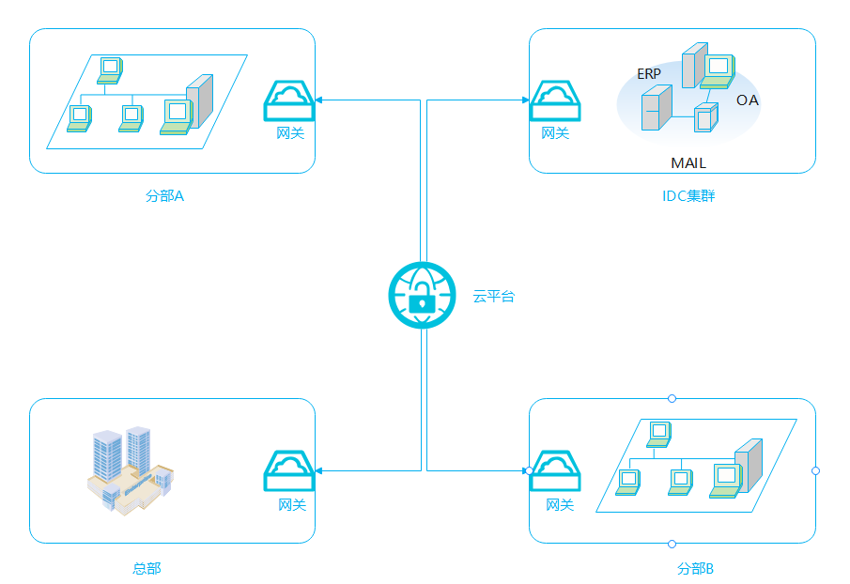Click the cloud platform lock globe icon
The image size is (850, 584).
[x=422, y=296]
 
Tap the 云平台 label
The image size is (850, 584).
[x=493, y=297]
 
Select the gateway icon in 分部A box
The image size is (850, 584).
[x=288, y=100]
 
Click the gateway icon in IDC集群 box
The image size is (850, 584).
[x=555, y=100]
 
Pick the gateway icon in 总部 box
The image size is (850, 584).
[x=288, y=470]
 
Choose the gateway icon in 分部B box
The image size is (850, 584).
[x=555, y=470]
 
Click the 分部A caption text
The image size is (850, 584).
[x=164, y=196]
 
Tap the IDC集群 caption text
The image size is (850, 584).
[x=688, y=196]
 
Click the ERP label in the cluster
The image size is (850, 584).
[x=649, y=73]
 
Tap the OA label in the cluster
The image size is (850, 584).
[x=747, y=100]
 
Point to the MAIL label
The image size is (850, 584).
[x=688, y=163]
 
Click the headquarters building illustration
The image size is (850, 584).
[x=129, y=469]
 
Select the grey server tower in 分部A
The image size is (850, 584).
[x=200, y=101]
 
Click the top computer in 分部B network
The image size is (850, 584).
[x=659, y=433]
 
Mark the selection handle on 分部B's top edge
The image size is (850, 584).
[x=672, y=398]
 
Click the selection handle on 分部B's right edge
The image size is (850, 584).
[x=815, y=470]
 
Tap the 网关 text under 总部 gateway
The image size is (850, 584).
[x=292, y=505]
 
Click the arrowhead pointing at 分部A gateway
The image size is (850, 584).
[x=319, y=100]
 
